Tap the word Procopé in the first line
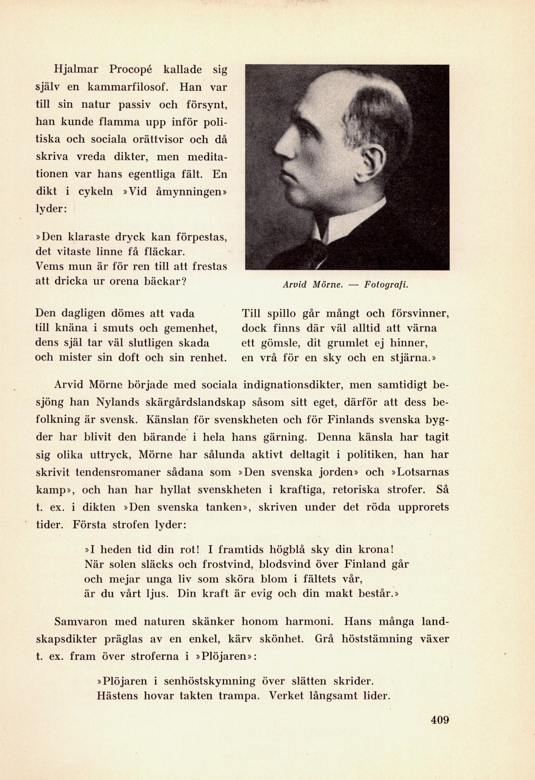tap(132, 70)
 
